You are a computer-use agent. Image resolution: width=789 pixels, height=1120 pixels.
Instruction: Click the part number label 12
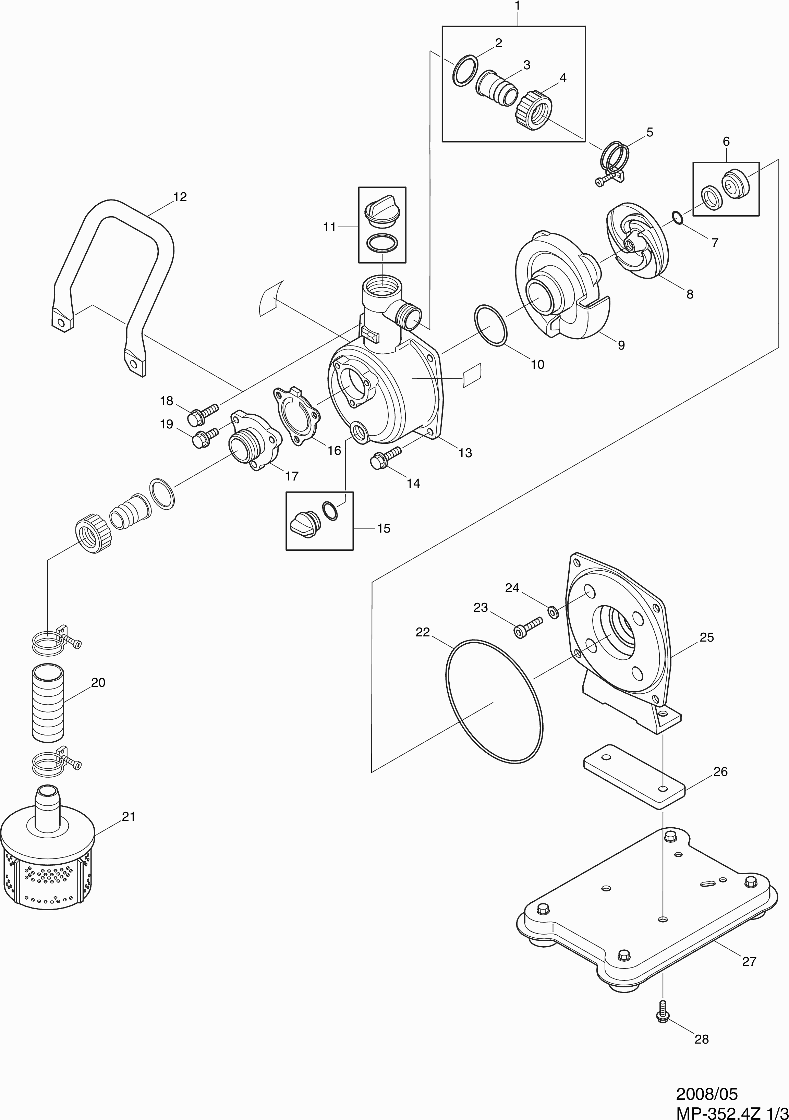(x=180, y=197)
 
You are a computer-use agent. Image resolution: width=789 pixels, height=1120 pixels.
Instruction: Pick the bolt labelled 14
(x=385, y=458)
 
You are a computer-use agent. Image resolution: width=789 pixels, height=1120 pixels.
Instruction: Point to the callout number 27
(x=749, y=961)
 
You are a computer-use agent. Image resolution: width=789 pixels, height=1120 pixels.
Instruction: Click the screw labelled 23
(x=527, y=627)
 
